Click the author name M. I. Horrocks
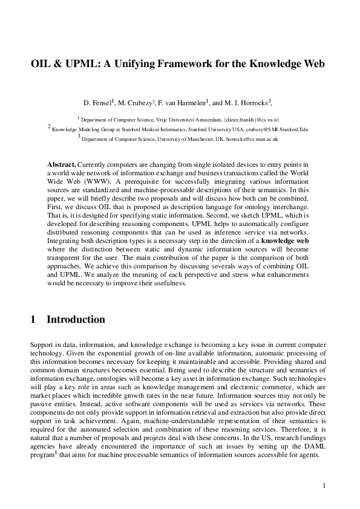click(248, 103)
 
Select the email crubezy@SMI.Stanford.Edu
click(277, 129)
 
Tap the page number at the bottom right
click(325, 485)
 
